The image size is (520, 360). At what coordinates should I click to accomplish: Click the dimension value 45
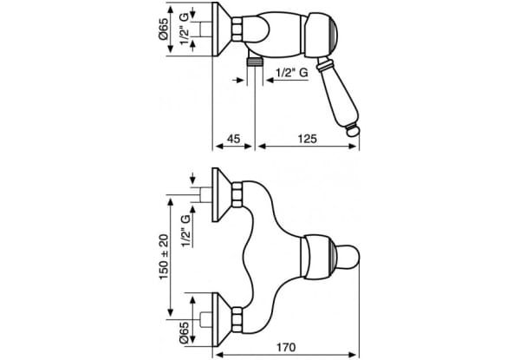(233, 139)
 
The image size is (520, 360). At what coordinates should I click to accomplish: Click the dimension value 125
(308, 139)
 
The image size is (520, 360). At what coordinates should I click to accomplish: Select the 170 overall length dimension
(285, 347)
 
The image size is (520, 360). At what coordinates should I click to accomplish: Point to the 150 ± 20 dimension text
(164, 257)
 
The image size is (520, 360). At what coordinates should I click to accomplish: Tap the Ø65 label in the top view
(164, 29)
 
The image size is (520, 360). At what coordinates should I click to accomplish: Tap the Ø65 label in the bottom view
(184, 332)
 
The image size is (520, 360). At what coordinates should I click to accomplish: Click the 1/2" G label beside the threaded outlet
(292, 73)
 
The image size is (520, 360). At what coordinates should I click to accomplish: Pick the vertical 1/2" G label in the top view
(185, 29)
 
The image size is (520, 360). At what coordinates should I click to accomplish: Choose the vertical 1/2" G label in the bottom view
(186, 231)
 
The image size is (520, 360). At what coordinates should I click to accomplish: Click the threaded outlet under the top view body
(255, 62)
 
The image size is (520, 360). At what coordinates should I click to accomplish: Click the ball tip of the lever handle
(353, 130)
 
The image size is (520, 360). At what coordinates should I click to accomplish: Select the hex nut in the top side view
(237, 29)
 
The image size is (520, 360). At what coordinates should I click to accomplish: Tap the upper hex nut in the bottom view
(237, 195)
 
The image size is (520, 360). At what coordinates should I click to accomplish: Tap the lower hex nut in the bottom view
(237, 319)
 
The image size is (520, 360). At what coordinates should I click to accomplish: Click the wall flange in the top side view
(221, 29)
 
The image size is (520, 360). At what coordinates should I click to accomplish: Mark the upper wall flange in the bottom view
(221, 195)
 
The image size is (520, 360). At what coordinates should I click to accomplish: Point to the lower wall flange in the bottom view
(221, 319)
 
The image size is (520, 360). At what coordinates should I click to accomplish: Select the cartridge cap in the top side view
(321, 36)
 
